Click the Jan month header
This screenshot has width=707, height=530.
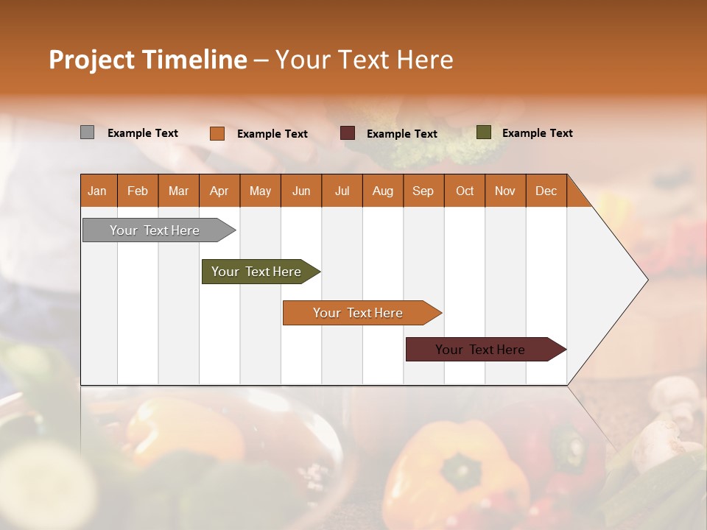97,191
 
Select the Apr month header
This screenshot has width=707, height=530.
219,191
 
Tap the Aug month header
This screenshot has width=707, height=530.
382,191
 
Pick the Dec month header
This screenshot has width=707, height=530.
546,191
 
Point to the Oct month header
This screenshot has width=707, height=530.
464,191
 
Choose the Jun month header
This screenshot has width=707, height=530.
300,191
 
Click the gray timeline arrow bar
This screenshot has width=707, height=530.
155,230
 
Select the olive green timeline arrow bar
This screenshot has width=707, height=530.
256,272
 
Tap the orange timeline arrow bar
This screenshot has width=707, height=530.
358,313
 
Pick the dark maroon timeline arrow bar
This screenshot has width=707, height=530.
480,350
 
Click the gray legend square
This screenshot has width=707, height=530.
87,132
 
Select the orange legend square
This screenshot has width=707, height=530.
217,133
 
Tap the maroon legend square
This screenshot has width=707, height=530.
347,132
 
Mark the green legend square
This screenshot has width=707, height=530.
483,132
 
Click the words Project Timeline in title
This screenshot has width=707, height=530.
147,60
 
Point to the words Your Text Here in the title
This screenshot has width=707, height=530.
364,60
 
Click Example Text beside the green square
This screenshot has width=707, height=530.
537,133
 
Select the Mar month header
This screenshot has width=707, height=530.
178,191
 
